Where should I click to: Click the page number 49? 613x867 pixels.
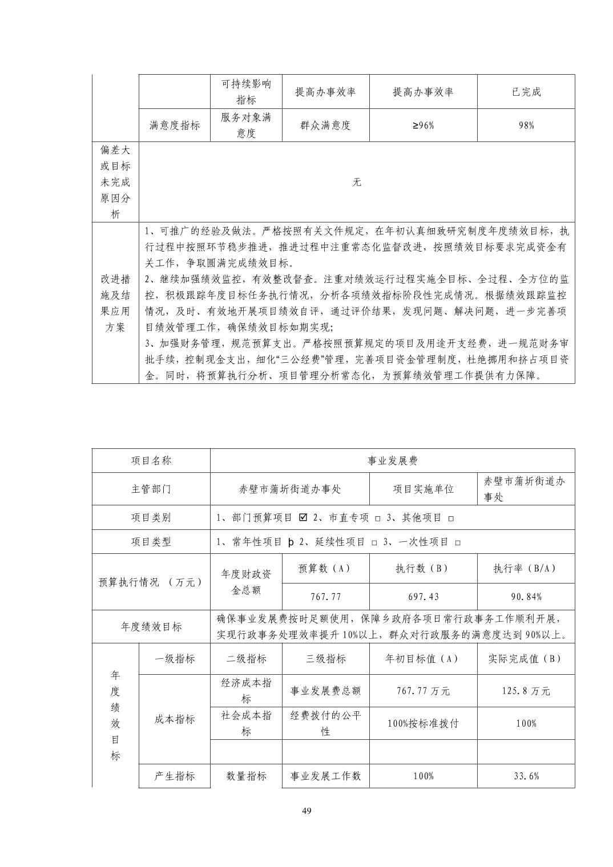pyautogui.click(x=306, y=812)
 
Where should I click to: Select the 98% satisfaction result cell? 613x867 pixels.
pyautogui.click(x=526, y=125)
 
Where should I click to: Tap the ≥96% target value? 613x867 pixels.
pyautogui.click(x=422, y=125)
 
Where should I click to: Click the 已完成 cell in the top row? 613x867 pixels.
pyautogui.click(x=526, y=92)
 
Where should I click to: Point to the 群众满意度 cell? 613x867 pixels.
pyautogui.click(x=325, y=125)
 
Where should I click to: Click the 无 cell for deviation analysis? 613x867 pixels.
pyautogui.click(x=357, y=182)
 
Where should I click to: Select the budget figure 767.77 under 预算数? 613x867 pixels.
pyautogui.click(x=325, y=597)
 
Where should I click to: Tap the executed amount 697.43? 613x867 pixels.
pyautogui.click(x=423, y=597)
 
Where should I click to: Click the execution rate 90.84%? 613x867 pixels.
pyautogui.click(x=526, y=597)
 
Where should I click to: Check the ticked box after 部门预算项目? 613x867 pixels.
pyautogui.click(x=303, y=517)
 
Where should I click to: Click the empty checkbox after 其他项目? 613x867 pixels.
pyautogui.click(x=450, y=518)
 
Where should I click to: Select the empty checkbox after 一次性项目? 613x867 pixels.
pyautogui.click(x=458, y=542)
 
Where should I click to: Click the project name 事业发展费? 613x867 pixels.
pyautogui.click(x=392, y=461)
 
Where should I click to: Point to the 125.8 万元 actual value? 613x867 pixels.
pyautogui.click(x=526, y=691)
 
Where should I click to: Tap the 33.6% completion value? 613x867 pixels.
pyautogui.click(x=526, y=776)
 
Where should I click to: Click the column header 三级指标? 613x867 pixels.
pyautogui.click(x=325, y=659)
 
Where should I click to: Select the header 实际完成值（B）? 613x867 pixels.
pyautogui.click(x=526, y=659)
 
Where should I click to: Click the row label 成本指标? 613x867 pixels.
pyautogui.click(x=174, y=719)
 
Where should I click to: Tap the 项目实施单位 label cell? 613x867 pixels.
pyautogui.click(x=423, y=489)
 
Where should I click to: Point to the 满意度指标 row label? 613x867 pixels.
pyautogui.click(x=174, y=125)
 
